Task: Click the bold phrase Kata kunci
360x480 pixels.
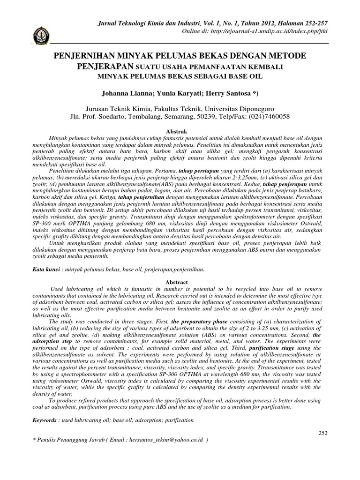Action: coord(46,270)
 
